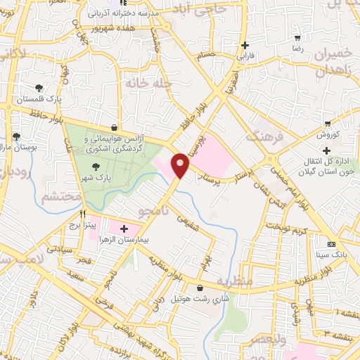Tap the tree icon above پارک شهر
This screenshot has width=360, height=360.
point(96,166)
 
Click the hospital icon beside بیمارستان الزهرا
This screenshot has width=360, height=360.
point(124,229)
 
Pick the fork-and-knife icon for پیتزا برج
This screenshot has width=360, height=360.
point(83,214)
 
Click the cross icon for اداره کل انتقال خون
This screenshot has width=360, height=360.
point(326,150)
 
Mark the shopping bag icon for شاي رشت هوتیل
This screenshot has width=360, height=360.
point(200,287)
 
